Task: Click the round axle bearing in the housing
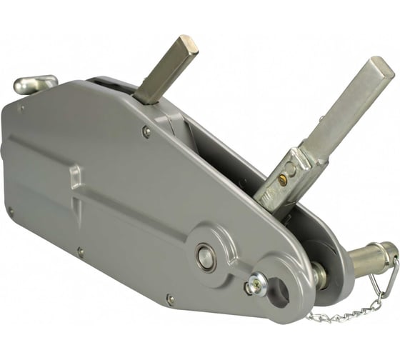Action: (206, 258)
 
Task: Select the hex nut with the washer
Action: (251, 288)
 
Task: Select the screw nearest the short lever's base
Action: (146, 131)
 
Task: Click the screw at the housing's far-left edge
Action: (10, 211)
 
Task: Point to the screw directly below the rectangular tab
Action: (80, 251)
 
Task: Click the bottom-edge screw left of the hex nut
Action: (170, 299)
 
